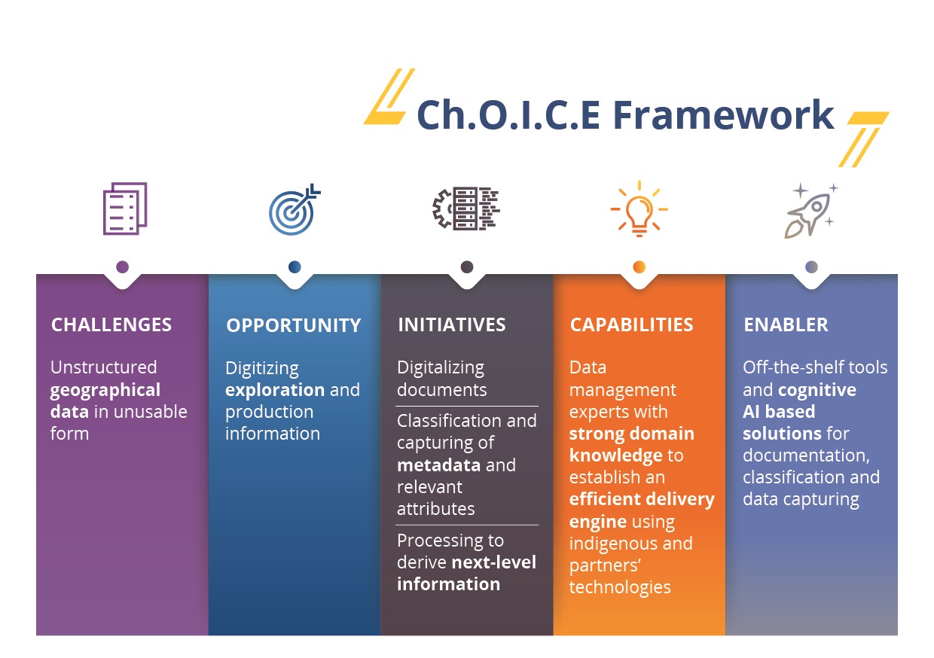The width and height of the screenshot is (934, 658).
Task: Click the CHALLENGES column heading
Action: [x=111, y=324]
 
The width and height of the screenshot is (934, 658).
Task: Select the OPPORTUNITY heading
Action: [x=294, y=325]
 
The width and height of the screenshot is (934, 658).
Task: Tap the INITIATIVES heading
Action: [x=452, y=324]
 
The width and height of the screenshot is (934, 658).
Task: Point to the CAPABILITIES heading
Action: [x=631, y=324]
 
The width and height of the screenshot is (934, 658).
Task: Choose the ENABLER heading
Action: [x=786, y=324]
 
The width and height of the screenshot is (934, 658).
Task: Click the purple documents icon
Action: [x=125, y=209]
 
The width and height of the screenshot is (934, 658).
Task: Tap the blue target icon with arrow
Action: [x=295, y=209]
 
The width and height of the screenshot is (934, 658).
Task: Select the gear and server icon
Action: [x=466, y=209]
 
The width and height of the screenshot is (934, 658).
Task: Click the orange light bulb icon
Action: [x=639, y=209]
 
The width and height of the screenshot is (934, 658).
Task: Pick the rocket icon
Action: [x=811, y=211]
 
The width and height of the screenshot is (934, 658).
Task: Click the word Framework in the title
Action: [x=723, y=114]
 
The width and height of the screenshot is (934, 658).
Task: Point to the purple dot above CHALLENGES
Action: [x=122, y=267]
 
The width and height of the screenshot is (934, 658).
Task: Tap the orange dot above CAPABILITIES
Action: [x=639, y=267]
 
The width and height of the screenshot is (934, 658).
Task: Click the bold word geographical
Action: [x=105, y=391]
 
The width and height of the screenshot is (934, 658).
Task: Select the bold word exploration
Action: [x=275, y=391]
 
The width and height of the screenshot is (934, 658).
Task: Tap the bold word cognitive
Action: [x=816, y=391]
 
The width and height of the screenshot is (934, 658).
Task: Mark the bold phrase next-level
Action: [x=494, y=562]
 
